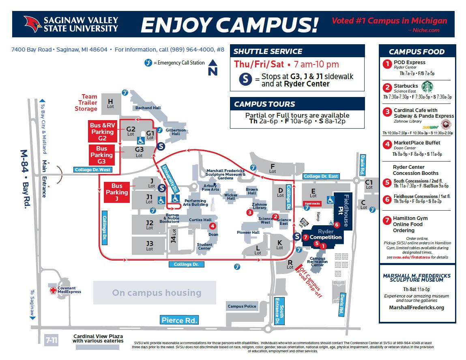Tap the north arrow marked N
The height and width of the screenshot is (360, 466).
point(213,68)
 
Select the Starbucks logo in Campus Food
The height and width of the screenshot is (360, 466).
point(427,87)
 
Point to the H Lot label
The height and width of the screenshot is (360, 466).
point(110,103)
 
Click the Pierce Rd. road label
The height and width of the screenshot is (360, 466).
point(179,320)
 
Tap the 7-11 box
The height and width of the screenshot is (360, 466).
point(51,340)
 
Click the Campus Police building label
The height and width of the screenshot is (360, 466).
point(242,306)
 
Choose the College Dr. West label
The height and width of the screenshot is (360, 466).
point(92,170)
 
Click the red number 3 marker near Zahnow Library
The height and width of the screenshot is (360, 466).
point(249,212)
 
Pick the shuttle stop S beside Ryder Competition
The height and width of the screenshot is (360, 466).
point(297,237)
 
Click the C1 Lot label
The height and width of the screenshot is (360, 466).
point(369,184)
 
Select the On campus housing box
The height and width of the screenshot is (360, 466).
point(157,293)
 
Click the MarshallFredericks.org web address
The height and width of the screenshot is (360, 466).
point(416,308)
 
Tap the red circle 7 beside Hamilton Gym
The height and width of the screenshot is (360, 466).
point(387,220)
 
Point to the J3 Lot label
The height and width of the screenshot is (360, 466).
point(149,246)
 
